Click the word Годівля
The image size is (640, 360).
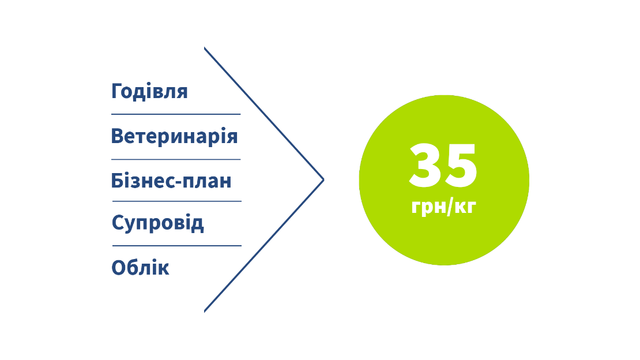(149, 92)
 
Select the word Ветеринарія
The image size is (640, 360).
(174, 137)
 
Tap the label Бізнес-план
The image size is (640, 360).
(171, 181)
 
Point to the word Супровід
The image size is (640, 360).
(157, 223)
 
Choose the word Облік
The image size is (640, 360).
(140, 268)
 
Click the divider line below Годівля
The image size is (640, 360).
(175, 114)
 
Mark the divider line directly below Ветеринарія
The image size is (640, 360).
(175, 159)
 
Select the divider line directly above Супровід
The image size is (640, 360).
(176, 201)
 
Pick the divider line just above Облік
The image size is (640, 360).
(176, 246)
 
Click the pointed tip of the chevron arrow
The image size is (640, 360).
(323, 180)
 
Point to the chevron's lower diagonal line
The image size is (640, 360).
(264, 246)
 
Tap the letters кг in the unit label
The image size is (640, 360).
(464, 207)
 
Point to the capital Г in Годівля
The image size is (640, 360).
(118, 92)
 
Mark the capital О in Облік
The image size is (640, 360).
(119, 268)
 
